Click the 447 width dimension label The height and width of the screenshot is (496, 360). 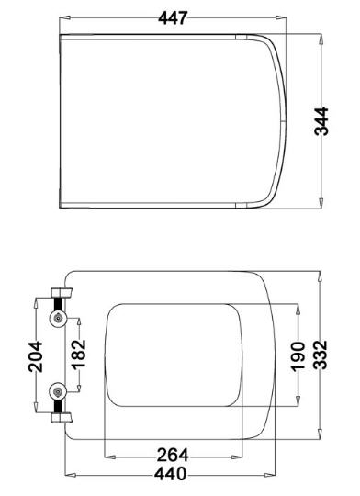click(173, 17)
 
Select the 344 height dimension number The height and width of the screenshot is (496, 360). click(321, 121)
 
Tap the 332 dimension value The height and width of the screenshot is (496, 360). click(321, 355)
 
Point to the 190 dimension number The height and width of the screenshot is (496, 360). click(298, 355)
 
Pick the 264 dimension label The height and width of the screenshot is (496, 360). click(173, 455)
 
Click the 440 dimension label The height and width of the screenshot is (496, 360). click(171, 474)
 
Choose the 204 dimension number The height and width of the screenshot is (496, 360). click(35, 356)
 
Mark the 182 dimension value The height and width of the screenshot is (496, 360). click(78, 355)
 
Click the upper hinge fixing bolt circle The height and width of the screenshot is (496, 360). click(58, 319)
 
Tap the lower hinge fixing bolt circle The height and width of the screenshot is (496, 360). click(58, 392)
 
